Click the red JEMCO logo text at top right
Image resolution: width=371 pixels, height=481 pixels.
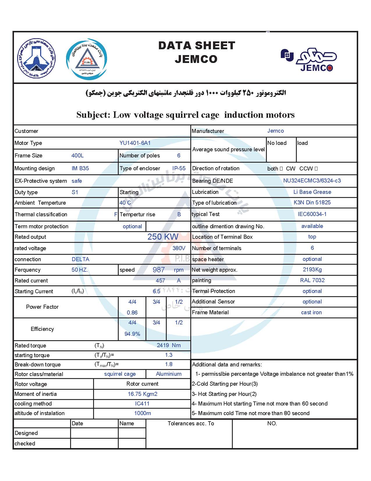316,68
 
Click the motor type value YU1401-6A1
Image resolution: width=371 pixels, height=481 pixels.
135,143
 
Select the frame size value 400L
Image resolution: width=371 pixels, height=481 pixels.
77,155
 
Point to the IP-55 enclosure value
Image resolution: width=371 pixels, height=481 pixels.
179,168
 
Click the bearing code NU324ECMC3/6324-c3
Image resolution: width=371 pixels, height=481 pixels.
312,180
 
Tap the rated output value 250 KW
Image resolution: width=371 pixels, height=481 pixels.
163,236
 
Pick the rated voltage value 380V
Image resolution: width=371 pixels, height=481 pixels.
179,248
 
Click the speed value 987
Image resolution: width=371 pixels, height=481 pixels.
159,270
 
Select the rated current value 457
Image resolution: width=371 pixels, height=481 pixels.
160,280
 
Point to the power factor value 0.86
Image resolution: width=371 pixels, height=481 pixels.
132,313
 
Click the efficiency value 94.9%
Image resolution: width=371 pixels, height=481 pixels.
132,334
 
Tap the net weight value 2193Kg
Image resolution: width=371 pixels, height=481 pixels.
312,269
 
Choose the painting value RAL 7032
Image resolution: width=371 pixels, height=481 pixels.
312,280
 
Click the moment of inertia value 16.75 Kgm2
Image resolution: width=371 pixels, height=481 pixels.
143,394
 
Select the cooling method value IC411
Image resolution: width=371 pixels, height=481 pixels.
142,403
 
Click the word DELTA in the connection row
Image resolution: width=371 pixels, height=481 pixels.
80,259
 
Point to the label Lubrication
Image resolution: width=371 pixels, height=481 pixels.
205,192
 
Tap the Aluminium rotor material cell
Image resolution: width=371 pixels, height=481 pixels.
168,374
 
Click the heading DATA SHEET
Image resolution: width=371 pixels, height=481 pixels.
196,45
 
